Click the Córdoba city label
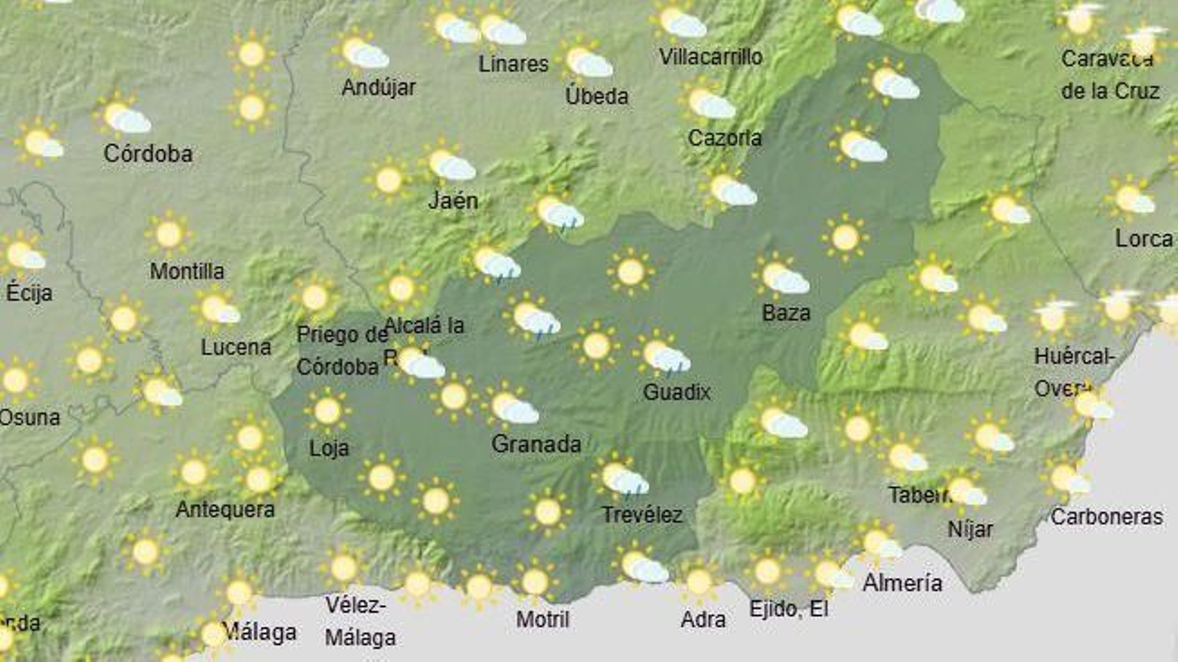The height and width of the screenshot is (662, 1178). pyautogui.click(x=148, y=154)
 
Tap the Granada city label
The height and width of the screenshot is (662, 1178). pyautogui.click(x=536, y=444)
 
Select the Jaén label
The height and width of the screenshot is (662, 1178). pyautogui.click(x=453, y=200)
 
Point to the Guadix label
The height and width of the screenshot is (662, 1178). pyautogui.click(x=677, y=392)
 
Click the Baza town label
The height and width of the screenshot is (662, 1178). pyautogui.click(x=786, y=313)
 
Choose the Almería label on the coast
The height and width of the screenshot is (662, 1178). pyautogui.click(x=902, y=583)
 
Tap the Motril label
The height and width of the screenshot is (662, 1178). pyautogui.click(x=543, y=619)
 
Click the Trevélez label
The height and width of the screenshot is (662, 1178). pyautogui.click(x=642, y=515)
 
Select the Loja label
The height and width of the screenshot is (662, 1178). pyautogui.click(x=328, y=448)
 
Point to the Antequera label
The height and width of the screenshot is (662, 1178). pyautogui.click(x=225, y=510)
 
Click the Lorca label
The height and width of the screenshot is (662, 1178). pyautogui.click(x=1143, y=239)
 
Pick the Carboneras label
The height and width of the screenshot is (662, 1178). pyautogui.click(x=1107, y=517)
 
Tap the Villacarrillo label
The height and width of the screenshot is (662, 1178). pyautogui.click(x=710, y=57)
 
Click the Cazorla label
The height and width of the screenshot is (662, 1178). pyautogui.click(x=724, y=138)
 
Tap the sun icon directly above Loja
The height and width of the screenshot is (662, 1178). pyautogui.click(x=327, y=411)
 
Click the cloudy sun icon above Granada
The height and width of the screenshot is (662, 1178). pyautogui.click(x=513, y=407)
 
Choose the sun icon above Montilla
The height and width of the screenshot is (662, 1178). pyautogui.click(x=169, y=235)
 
